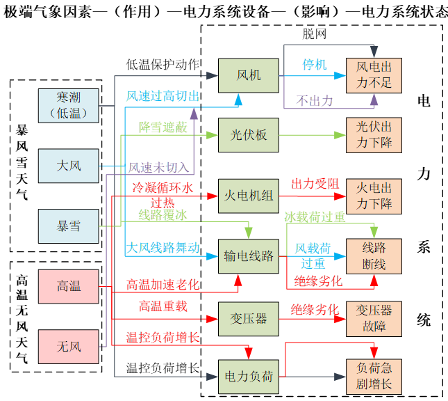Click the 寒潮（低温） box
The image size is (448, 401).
[x=69, y=104]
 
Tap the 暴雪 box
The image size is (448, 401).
[x=69, y=226]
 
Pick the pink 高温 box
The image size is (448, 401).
[x=69, y=285]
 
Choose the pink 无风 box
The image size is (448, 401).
[x=69, y=346]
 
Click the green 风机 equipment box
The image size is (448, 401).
[x=249, y=75]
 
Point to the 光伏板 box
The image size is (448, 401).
[x=249, y=135]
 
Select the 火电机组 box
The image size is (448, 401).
[x=249, y=196]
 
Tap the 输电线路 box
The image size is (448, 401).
[x=249, y=255]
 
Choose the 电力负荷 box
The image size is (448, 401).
[x=249, y=377]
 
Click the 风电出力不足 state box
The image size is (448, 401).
[x=374, y=75]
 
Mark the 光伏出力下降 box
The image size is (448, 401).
[x=374, y=135]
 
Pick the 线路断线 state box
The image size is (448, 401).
[x=374, y=255]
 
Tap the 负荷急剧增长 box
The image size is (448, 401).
[x=374, y=377]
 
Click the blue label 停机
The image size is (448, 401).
[x=314, y=65]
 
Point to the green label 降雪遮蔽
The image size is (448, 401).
[x=164, y=127]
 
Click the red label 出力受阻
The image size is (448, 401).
[x=315, y=184]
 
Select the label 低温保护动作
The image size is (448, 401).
[x=163, y=65]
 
